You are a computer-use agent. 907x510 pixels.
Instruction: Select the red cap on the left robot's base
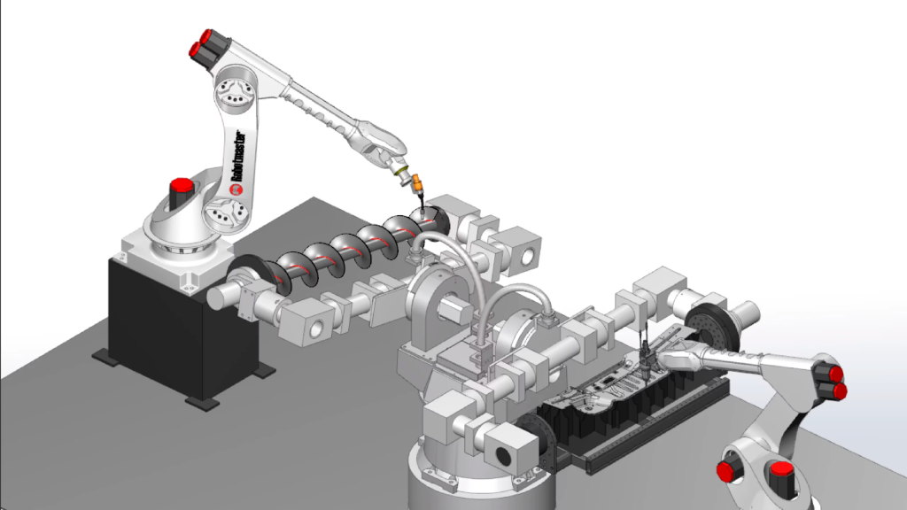tap(182, 189)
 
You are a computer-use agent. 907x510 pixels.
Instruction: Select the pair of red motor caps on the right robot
tap(830, 378)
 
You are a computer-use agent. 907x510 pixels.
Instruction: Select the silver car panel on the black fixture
tap(611, 390)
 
